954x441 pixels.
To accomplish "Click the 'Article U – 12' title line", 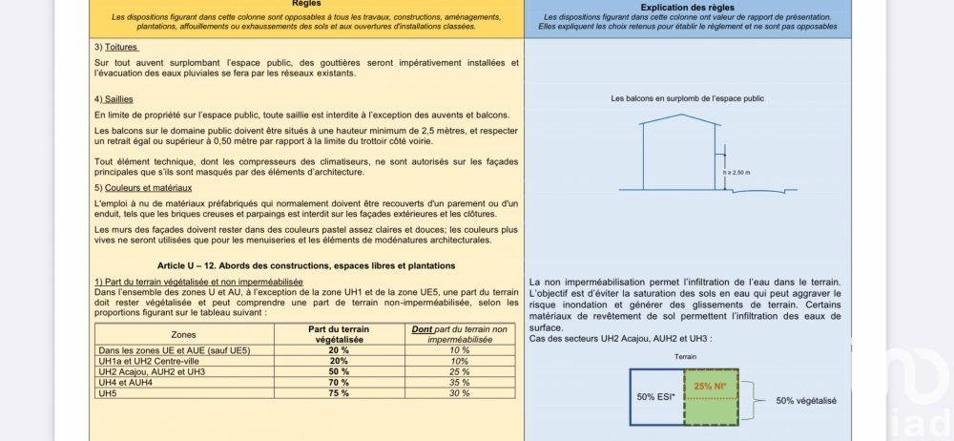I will coord(306,264).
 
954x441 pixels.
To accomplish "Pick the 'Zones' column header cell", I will coord(183,335).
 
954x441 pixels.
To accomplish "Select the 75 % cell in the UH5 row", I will coord(339,393).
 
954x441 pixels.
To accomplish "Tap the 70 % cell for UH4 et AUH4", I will coord(339,383).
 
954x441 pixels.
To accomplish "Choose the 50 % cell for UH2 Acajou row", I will coord(339,372).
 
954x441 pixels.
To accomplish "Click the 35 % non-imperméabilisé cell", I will coord(459,383).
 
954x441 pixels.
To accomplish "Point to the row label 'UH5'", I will coord(108,393).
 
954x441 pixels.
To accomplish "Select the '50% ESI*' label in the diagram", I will coord(656,396).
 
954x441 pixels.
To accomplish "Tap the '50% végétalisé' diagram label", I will coord(806,402).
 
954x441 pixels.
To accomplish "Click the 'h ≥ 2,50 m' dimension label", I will coord(737,172).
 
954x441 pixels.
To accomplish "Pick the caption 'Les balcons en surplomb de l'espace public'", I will coord(687,98).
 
